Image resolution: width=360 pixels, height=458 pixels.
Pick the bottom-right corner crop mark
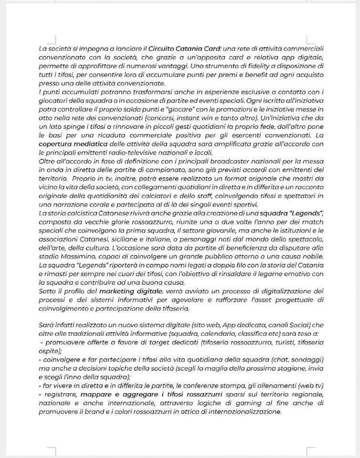(x=310, y=450)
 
